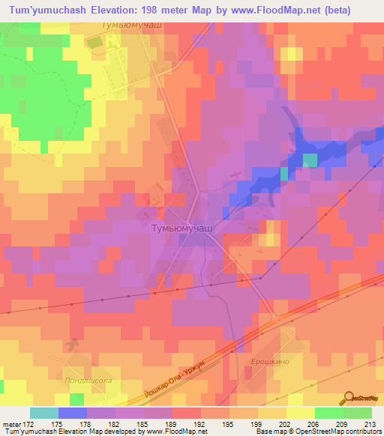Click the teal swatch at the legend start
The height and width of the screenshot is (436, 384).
(x=44, y=413)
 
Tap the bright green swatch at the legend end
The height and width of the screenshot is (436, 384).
(x=358, y=413)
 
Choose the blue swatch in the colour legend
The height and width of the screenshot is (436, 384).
(x=73, y=413)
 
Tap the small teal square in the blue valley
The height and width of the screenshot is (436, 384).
(x=283, y=174)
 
